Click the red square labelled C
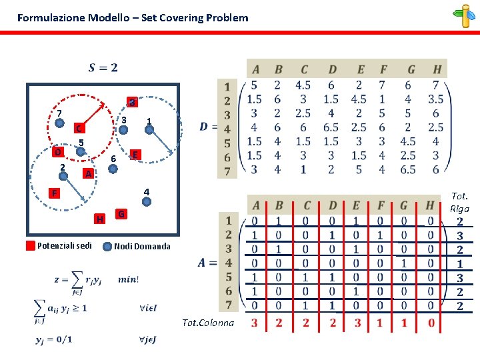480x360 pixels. pos(78,128)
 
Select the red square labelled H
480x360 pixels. pos(99,219)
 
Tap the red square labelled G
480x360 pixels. pos(121,213)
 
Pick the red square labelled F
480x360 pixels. pos(55,193)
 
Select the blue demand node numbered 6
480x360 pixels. pos(113,169)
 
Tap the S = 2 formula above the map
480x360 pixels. pos(103,67)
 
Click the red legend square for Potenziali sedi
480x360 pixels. pos(30,245)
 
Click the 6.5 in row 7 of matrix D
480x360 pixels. pos(408,170)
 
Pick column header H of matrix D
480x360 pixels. pos(437,69)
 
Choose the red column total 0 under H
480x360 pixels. pos(431,323)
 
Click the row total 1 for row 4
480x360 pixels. pos(460,263)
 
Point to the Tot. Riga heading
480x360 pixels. pos(460,202)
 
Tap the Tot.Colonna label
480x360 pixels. pos(208,323)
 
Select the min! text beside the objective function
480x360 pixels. pos(128,279)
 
